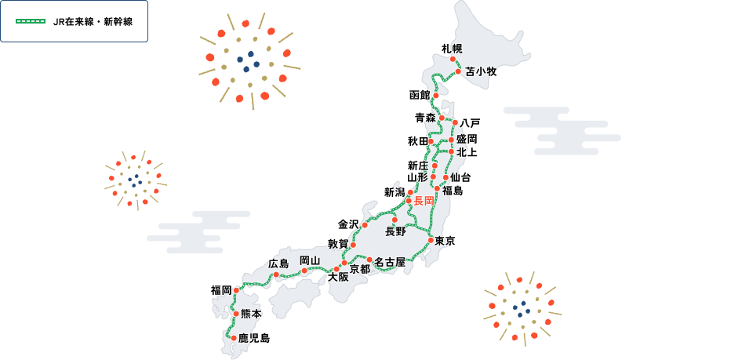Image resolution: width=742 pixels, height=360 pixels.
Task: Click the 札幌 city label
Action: pyautogui.click(x=452, y=49)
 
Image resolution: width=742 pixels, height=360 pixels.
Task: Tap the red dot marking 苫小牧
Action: pyautogui.click(x=459, y=71)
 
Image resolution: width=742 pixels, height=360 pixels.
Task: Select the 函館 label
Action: pyautogui.click(x=420, y=95)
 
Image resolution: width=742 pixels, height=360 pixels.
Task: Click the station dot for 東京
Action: pyautogui.click(x=431, y=240)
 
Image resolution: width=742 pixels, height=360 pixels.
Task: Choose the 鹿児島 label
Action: pyautogui.click(x=253, y=338)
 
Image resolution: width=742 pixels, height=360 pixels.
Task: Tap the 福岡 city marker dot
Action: pyautogui.click(x=236, y=290)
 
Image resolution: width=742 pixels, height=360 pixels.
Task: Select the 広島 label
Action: pyautogui.click(x=279, y=263)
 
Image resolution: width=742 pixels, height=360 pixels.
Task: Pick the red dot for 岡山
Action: pyautogui.click(x=304, y=271)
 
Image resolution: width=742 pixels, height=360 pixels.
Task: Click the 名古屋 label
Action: pyautogui.click(x=389, y=261)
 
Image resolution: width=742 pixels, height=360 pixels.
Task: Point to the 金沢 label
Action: pyautogui.click(x=348, y=224)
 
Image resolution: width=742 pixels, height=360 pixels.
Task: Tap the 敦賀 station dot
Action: pyautogui.click(x=353, y=245)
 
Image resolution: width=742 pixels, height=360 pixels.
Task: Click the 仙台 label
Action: pyautogui.click(x=461, y=177)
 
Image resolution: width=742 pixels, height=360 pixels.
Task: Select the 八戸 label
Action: pyautogui.click(x=470, y=123)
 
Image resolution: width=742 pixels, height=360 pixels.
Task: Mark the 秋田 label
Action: pyautogui.click(x=417, y=141)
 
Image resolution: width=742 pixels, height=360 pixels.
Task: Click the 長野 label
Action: pyautogui.click(x=395, y=231)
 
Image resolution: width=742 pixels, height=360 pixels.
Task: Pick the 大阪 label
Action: pyautogui.click(x=338, y=277)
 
